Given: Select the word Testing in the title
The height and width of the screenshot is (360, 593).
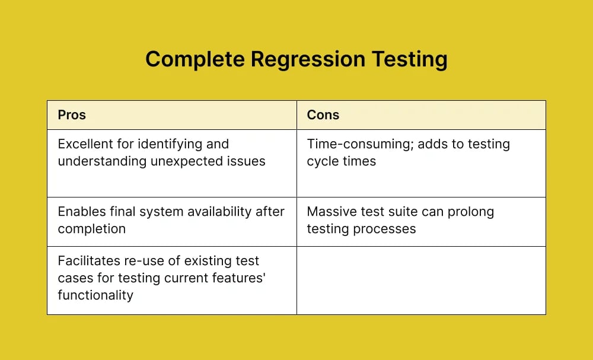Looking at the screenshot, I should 409,60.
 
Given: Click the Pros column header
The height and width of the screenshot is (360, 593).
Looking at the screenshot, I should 72,115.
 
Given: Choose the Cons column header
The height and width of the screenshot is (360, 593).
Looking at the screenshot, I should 323,115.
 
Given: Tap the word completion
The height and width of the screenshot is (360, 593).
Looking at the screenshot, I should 91,229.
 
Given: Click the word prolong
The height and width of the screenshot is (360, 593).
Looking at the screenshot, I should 471,212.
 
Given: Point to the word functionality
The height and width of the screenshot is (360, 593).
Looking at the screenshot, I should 95,295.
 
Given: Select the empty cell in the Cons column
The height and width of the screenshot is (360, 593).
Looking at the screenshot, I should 421,281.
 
